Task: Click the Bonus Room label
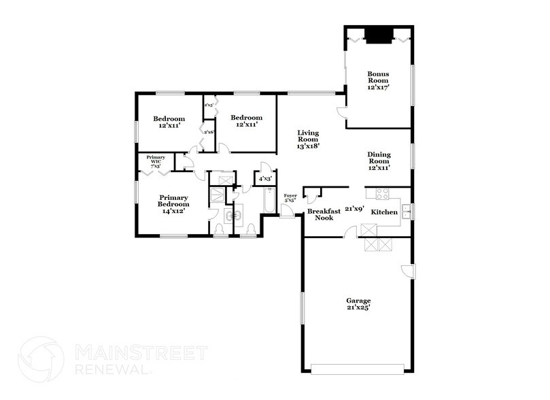tap(378, 80)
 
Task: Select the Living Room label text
tap(307, 139)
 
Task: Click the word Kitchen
tap(384, 213)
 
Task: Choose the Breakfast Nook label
tap(324, 215)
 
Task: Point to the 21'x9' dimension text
tap(354, 209)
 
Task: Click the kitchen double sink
tap(405, 212)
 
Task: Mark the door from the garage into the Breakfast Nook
tap(349, 233)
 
